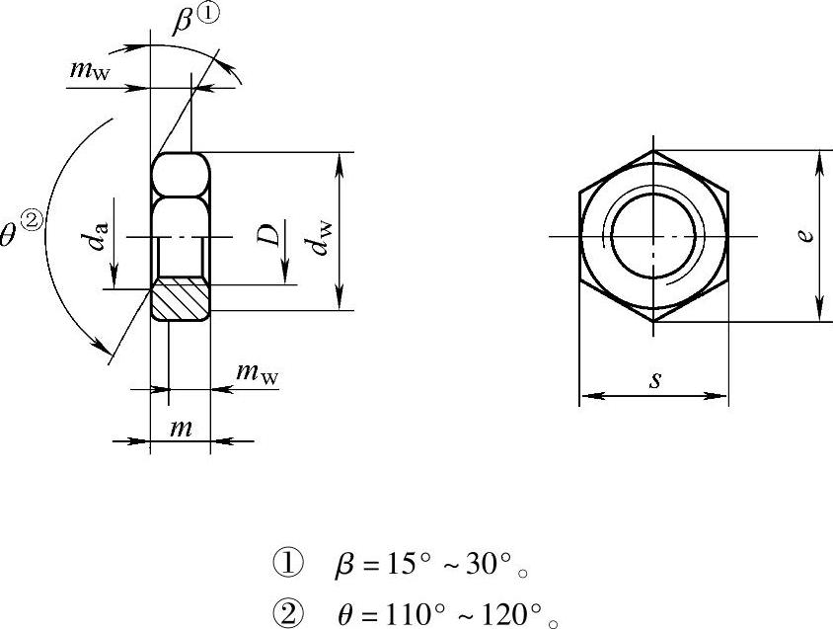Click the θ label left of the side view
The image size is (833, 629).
tap(9, 235)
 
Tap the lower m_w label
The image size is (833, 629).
tap(258, 373)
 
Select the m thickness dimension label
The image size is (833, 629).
tap(182, 428)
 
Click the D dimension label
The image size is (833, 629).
tap(267, 235)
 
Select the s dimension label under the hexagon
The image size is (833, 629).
tap(656, 379)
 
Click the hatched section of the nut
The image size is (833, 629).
tap(181, 299)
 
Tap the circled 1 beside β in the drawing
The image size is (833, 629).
tap(207, 13)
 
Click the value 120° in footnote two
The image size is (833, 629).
tap(511, 614)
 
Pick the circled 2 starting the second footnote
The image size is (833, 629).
tap(288, 614)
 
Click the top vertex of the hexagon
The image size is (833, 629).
tap(653, 150)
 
